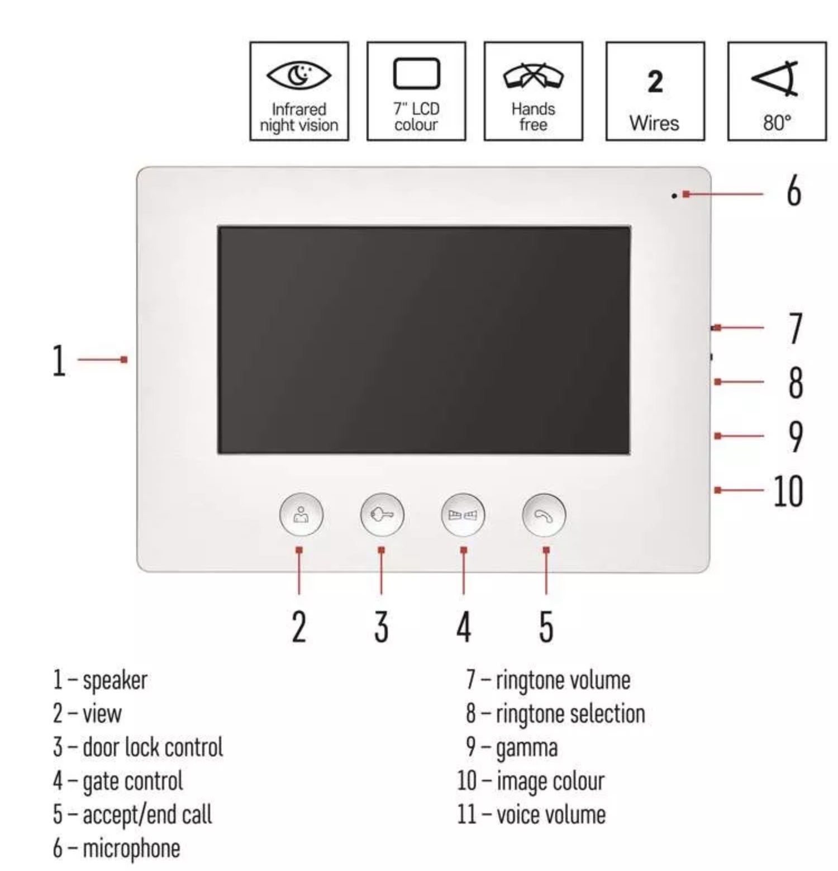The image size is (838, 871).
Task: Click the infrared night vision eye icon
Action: (x=299, y=75)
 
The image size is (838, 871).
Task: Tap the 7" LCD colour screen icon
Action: (x=416, y=73)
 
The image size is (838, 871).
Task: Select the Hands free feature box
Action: (x=533, y=91)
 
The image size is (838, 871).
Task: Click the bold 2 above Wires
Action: (x=655, y=82)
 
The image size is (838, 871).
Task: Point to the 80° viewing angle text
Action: (x=777, y=122)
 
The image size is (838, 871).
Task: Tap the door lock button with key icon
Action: (x=382, y=514)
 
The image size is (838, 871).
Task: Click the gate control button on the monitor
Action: (x=463, y=514)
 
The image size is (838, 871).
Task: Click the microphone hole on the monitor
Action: (x=674, y=196)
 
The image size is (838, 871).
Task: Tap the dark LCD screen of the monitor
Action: (x=424, y=340)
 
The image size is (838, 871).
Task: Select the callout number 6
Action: (x=793, y=190)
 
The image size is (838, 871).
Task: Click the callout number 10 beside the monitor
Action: (x=788, y=491)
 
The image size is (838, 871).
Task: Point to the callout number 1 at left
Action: (x=59, y=361)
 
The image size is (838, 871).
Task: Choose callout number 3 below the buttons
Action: (x=381, y=626)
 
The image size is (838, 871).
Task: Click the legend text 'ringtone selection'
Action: (x=570, y=714)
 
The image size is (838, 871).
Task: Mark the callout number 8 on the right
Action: (x=796, y=382)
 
